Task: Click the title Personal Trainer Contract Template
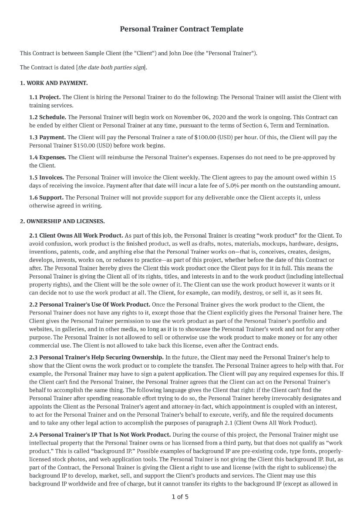[181, 29]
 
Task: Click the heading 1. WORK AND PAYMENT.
[54, 83]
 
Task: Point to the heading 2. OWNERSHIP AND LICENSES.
[62, 221]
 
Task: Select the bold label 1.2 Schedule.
[47, 117]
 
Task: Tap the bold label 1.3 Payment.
[47, 137]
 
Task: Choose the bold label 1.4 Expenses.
[47, 157]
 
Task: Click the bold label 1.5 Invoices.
[46, 177]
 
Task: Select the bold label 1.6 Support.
[46, 198]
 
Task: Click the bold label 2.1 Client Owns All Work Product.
[76, 235]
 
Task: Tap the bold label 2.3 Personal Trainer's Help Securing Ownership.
[96, 357]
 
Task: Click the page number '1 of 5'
[180, 497]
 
